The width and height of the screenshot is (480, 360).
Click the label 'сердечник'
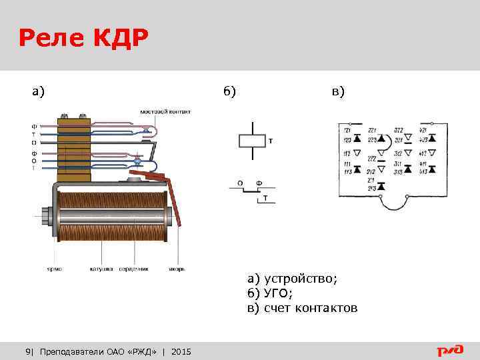(x=133, y=269)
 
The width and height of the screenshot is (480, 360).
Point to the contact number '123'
(x=347, y=140)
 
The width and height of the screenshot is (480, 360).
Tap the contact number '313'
(x=399, y=171)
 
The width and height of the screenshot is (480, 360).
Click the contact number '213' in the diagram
(x=372, y=189)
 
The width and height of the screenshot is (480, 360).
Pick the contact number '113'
(x=347, y=171)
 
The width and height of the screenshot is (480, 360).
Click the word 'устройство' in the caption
(x=301, y=279)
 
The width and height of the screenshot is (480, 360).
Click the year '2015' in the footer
(x=181, y=351)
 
